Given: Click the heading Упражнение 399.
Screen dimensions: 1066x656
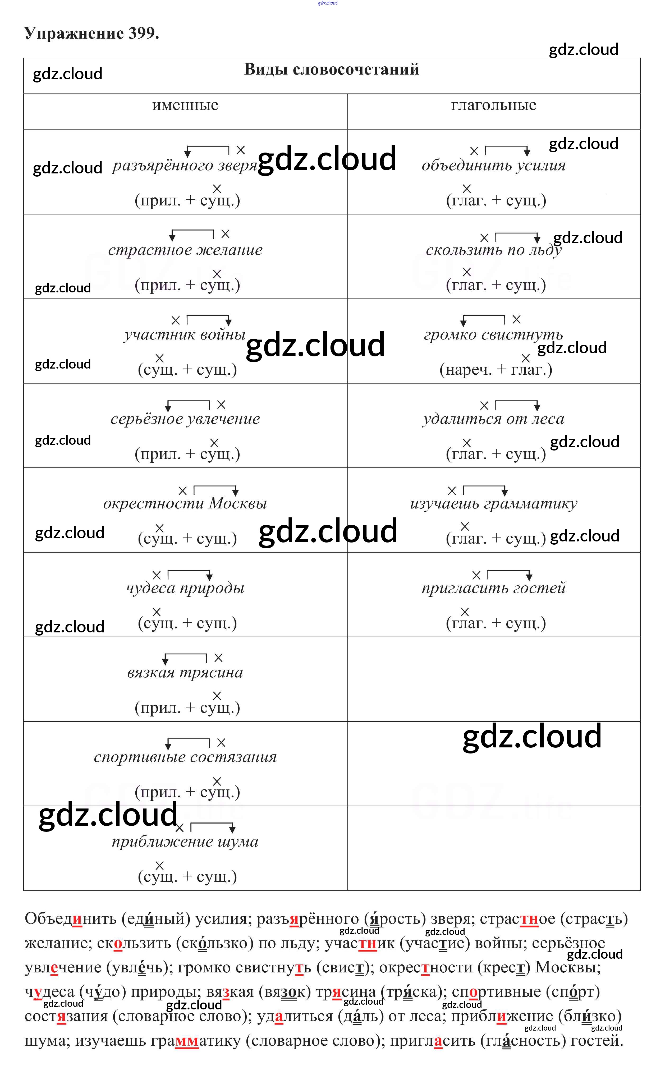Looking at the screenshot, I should [x=91, y=33].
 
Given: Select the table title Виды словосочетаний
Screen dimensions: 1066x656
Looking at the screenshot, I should [x=332, y=69].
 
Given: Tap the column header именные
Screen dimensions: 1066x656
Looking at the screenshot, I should [x=185, y=105].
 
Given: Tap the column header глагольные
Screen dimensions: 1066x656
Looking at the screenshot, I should [x=494, y=105].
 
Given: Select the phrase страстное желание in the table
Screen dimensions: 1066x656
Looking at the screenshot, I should [x=185, y=250].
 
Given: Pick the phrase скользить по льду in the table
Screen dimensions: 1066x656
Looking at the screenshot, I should [x=494, y=250].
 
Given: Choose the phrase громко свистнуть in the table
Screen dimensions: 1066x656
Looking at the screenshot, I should [x=494, y=335].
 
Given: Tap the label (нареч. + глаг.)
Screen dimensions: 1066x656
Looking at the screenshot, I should [x=496, y=370].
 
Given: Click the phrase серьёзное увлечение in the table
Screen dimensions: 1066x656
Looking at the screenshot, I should [x=185, y=419].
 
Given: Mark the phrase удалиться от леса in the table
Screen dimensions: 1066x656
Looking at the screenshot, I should [x=494, y=419].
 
